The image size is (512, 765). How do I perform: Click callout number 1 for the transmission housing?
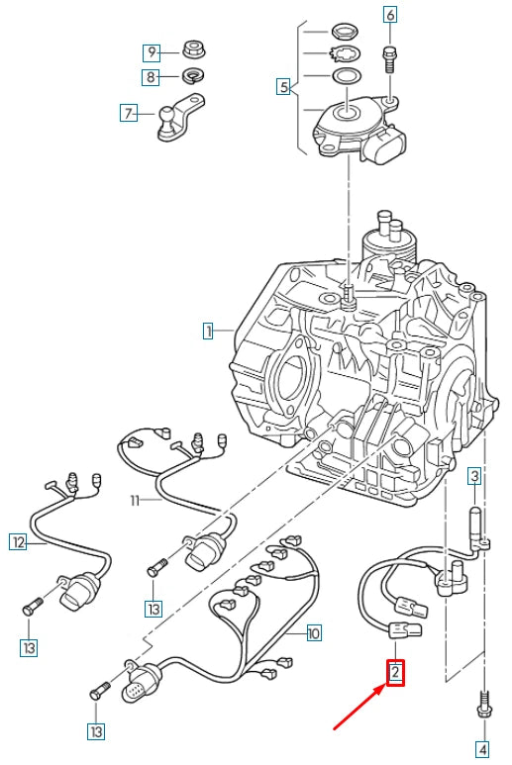pos(208,332)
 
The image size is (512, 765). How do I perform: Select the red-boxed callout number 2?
pos(395,674)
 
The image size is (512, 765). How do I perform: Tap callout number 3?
pos(474,477)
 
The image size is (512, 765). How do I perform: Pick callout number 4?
pos(482,748)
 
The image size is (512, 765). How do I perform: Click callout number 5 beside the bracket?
pos(284,87)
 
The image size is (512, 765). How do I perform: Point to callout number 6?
pos(389,15)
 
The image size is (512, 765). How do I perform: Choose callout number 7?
pos(129,113)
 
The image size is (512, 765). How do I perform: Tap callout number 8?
pos(152,76)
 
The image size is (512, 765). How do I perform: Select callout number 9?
pos(152,51)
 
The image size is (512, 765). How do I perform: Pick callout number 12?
pos(18,541)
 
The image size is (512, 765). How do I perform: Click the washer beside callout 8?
pos(193,75)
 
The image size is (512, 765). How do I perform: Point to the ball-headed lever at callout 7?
pos(178,117)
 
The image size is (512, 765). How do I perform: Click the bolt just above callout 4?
pos(483,707)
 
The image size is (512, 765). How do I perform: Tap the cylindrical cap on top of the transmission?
pos(385,241)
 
